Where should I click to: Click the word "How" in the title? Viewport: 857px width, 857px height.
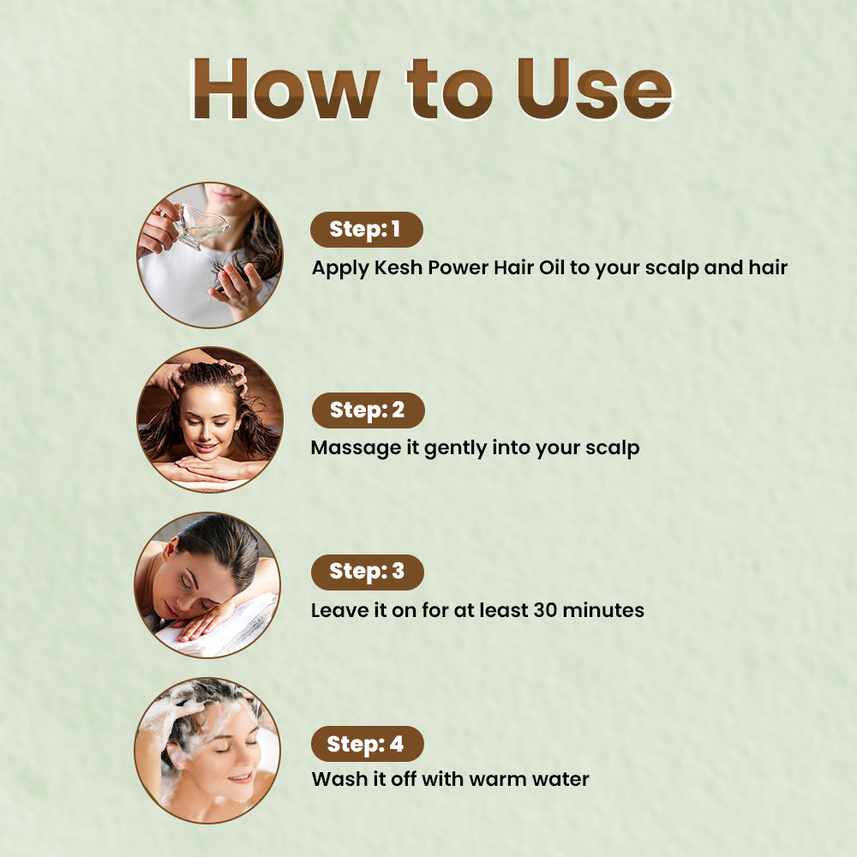pyautogui.click(x=285, y=88)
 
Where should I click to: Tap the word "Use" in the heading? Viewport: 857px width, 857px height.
pyautogui.click(x=596, y=88)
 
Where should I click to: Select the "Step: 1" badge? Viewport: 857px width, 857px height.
pyautogui.click(x=366, y=230)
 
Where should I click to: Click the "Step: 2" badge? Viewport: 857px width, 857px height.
pyautogui.click(x=368, y=410)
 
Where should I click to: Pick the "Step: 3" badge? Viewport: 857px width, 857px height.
pyautogui.click(x=368, y=572)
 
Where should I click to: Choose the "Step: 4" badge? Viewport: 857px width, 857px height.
pyautogui.click(x=368, y=744)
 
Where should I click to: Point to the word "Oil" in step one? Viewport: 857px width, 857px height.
pyautogui.click(x=551, y=267)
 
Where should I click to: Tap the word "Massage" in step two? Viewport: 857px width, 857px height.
pyautogui.click(x=356, y=448)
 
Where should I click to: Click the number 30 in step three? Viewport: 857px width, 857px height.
pyautogui.click(x=546, y=610)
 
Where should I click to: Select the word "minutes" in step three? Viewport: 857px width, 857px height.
pyautogui.click(x=603, y=610)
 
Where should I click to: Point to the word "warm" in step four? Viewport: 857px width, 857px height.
pyautogui.click(x=497, y=780)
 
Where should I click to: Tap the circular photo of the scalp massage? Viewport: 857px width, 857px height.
pyautogui.click(x=210, y=419)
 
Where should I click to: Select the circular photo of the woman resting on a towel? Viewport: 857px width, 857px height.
pyautogui.click(x=207, y=584)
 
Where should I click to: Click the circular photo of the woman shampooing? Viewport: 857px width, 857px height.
pyautogui.click(x=207, y=751)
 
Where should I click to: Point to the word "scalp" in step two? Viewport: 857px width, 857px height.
pyautogui.click(x=612, y=448)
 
